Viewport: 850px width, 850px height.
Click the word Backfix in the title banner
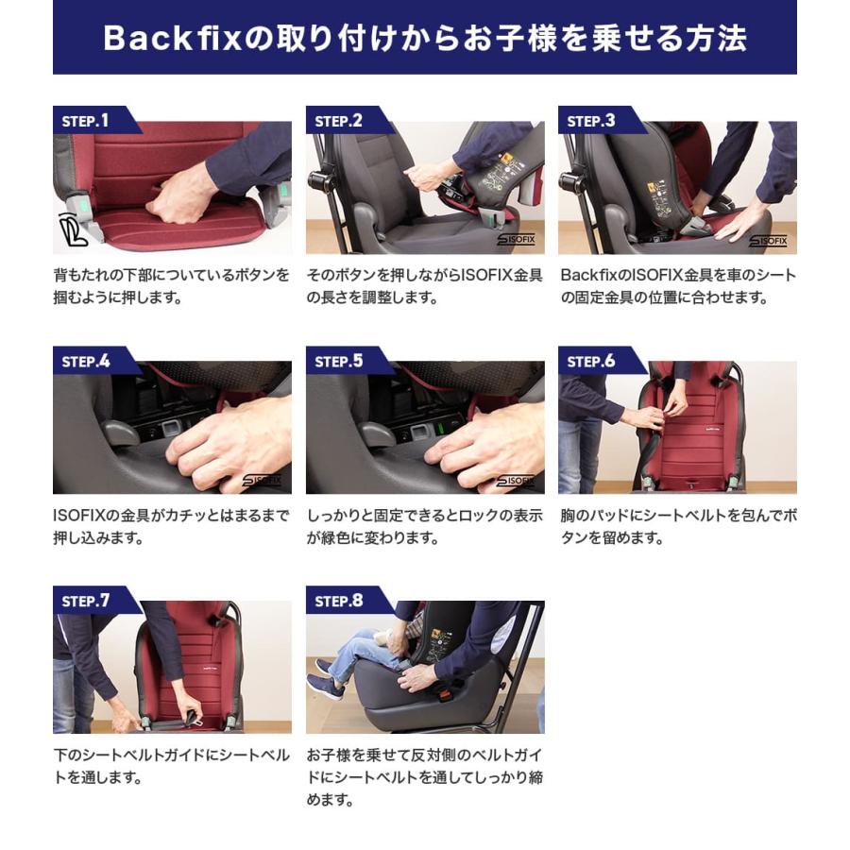point(172,38)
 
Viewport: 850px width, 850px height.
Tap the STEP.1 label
point(85,120)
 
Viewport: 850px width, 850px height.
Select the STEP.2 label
point(338,120)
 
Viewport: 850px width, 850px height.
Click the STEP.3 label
point(591,120)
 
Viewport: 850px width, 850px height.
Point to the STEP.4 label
point(86,361)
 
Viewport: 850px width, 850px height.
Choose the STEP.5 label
point(338,361)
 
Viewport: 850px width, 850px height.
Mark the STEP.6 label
point(591,361)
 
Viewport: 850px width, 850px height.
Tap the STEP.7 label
point(86,601)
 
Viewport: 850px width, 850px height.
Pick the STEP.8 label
point(338,601)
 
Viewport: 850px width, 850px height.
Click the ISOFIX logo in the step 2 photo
point(516,239)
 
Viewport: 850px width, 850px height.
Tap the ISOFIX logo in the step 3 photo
point(768,240)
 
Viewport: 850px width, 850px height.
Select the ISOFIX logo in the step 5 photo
point(516,481)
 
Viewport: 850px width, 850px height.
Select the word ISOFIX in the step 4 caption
point(73,515)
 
